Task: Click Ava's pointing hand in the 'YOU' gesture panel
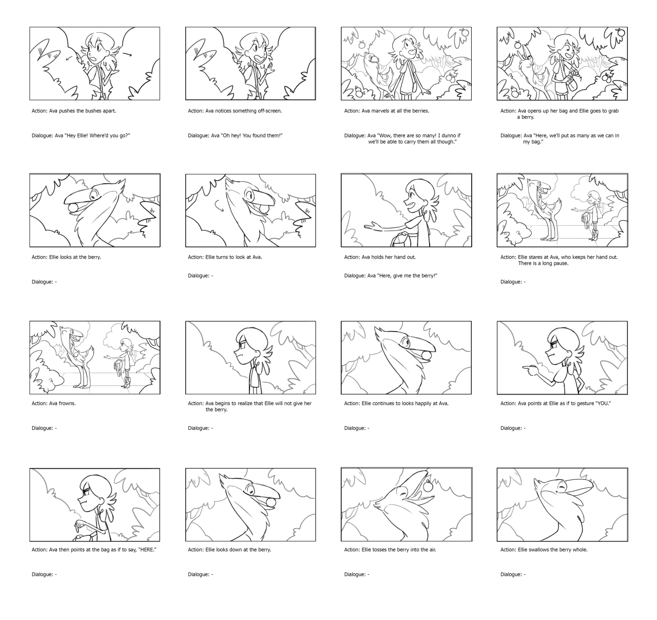[x=530, y=370]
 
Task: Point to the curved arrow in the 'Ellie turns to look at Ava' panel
[x=219, y=206]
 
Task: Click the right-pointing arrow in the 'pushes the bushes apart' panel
[x=127, y=54]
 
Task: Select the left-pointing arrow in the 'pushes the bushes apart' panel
[x=70, y=58]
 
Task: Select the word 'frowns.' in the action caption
[x=67, y=403]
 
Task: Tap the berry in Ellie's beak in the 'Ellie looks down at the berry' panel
[x=271, y=503]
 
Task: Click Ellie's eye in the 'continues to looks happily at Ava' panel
[x=406, y=341]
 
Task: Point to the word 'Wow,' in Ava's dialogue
[x=386, y=135]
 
